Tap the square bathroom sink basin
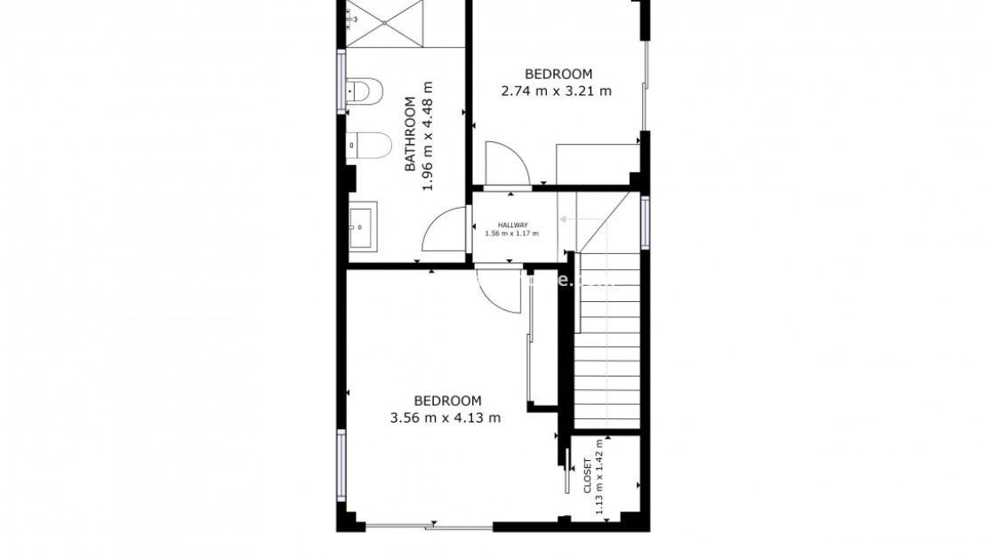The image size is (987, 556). tap(363, 226)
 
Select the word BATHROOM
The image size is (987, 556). tap(410, 134)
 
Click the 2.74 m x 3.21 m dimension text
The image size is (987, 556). tap(557, 91)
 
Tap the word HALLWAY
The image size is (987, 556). tap(513, 225)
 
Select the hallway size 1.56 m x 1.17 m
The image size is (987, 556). tap(512, 234)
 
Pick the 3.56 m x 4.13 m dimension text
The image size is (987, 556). tap(445, 417)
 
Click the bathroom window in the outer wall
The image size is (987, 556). tap(341, 81)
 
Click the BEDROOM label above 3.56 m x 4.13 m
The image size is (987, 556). tap(447, 401)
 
